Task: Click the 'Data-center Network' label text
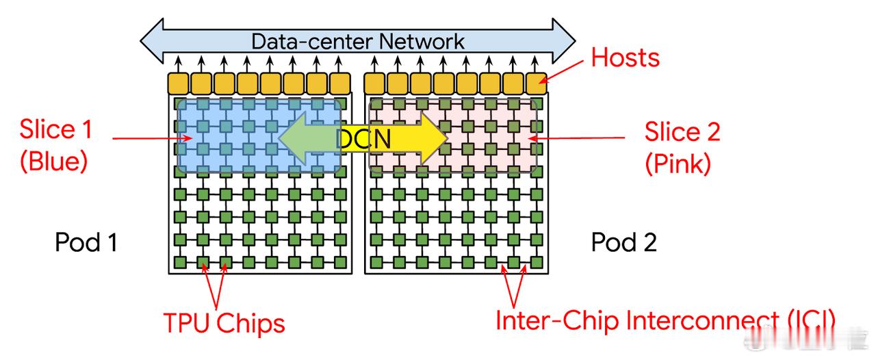click(x=357, y=42)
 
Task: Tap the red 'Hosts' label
click(x=625, y=57)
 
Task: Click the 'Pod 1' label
click(x=86, y=242)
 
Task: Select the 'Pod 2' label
click(x=623, y=242)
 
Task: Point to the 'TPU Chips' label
click(x=224, y=324)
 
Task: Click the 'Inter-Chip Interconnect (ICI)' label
click(x=665, y=321)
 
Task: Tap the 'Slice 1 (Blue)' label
click(x=55, y=145)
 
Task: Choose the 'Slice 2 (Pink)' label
click(x=682, y=148)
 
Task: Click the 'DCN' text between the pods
click(x=363, y=138)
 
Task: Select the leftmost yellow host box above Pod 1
click(x=179, y=83)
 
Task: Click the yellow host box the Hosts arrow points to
click(x=537, y=83)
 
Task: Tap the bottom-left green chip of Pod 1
click(x=180, y=262)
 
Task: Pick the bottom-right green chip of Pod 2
click(x=537, y=262)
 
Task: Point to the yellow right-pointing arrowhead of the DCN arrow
click(x=434, y=138)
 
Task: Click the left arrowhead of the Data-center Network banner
click(x=153, y=40)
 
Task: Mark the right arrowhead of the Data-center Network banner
click(x=563, y=40)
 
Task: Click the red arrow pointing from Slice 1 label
click(x=152, y=138)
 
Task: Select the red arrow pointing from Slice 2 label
click(x=576, y=138)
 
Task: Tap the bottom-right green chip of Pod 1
click(x=341, y=262)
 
